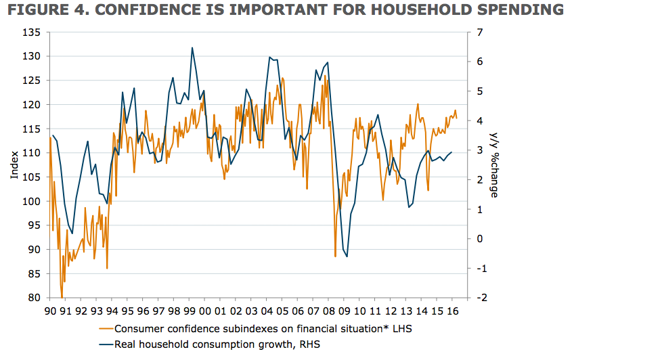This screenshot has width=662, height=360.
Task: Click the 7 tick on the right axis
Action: [479, 32]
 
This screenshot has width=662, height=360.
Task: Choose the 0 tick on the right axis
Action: [479, 239]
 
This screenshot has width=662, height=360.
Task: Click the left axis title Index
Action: [14, 165]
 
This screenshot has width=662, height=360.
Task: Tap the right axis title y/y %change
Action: [495, 165]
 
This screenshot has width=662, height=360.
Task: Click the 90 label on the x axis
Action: [50, 311]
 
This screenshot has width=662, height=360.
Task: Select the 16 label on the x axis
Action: [454, 311]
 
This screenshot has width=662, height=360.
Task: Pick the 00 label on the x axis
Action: [205, 311]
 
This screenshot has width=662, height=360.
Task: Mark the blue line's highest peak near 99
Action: [192, 47]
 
